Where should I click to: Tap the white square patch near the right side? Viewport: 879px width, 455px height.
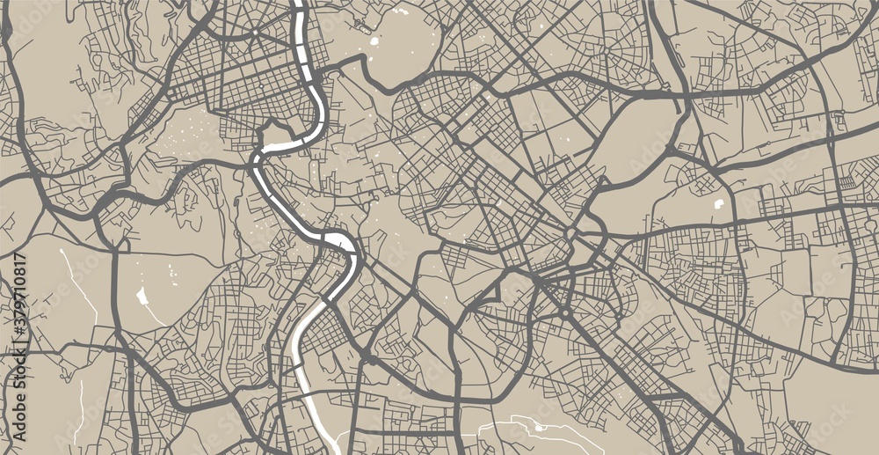(720, 204)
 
